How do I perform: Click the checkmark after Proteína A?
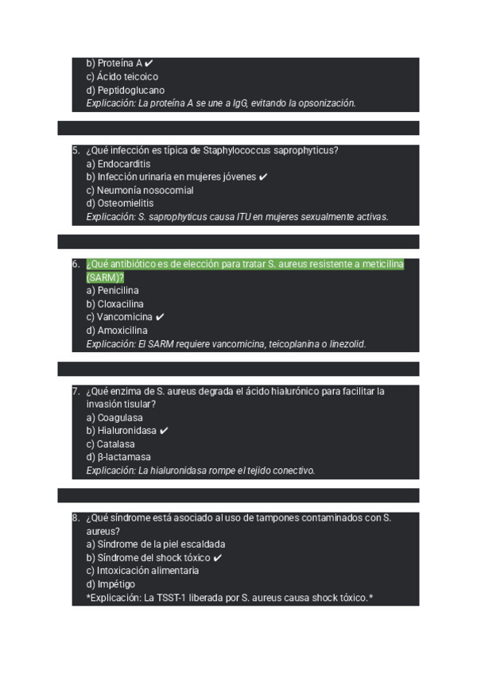click(x=149, y=64)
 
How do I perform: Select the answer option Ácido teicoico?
click(x=122, y=77)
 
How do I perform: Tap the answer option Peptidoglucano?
click(x=125, y=91)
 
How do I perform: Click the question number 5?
click(x=75, y=150)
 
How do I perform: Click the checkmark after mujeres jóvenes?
click(x=263, y=177)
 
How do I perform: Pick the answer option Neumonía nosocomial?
click(x=139, y=191)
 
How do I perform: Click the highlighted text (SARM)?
click(x=105, y=277)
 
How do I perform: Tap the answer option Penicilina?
click(x=112, y=291)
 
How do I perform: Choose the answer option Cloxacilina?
click(x=114, y=304)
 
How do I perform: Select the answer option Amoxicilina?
click(x=116, y=331)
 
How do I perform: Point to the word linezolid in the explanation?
click(x=347, y=344)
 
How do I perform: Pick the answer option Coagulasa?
click(x=114, y=417)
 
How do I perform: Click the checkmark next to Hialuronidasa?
click(x=164, y=431)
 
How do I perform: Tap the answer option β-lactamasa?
click(x=118, y=457)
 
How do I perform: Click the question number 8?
click(x=75, y=518)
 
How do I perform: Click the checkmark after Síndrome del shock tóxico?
click(x=218, y=558)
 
